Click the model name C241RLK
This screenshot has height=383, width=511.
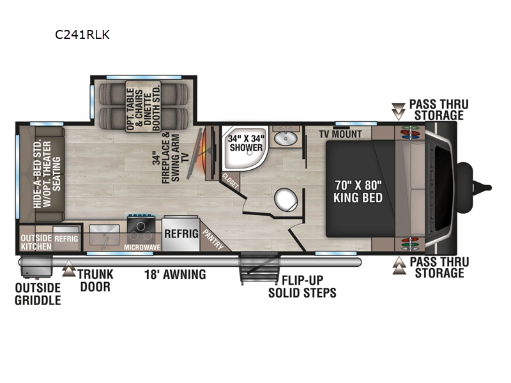click(82, 34)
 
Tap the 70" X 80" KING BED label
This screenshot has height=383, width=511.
click(358, 191)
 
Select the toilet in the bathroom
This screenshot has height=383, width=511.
click(286, 200)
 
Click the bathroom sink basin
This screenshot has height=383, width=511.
click(286, 139)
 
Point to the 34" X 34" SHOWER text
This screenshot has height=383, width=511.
click(246, 143)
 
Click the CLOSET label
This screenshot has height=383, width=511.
click(231, 181)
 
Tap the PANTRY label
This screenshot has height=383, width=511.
click(213, 239)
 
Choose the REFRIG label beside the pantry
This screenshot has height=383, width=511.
click(181, 234)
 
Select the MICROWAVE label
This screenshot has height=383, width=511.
click(142, 248)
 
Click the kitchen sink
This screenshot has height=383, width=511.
click(104, 235)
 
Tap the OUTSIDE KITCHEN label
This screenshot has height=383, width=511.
click(36, 243)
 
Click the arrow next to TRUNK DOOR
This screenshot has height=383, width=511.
click(69, 268)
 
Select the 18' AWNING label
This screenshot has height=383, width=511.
click(175, 274)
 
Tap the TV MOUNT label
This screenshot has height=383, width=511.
click(340, 134)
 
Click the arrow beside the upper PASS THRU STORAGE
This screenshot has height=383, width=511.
click(398, 111)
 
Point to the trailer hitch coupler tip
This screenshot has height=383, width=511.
click(488, 188)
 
